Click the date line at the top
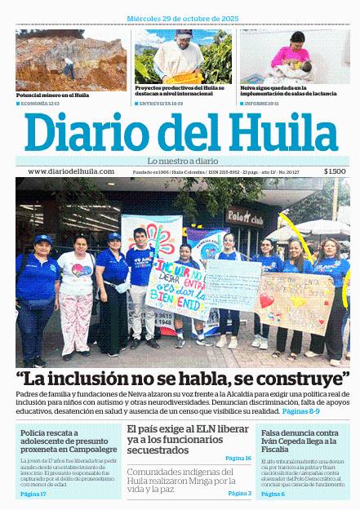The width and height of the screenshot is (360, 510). (x=180, y=18)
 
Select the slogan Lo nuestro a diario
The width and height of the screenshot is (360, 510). (x=180, y=160)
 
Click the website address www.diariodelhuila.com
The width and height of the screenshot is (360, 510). (x=70, y=171)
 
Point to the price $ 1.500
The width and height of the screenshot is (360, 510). (x=335, y=171)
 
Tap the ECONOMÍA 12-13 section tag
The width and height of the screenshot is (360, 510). (x=38, y=104)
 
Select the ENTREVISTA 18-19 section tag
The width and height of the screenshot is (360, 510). (x=161, y=104)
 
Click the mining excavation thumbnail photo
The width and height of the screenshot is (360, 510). (x=71, y=60)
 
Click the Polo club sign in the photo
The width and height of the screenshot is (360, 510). (x=245, y=219)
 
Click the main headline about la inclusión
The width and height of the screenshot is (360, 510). (x=180, y=379)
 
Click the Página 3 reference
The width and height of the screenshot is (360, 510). (x=239, y=493)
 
